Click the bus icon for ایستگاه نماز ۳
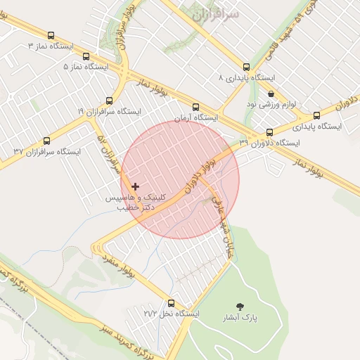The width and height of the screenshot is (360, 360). click(50, 35)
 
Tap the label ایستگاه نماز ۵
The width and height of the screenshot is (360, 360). click(86, 67)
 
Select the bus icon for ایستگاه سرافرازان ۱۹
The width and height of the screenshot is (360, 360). click(109, 101)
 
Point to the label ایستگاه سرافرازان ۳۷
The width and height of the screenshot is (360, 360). click(47, 151)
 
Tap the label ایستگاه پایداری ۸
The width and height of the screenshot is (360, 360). click(246, 77)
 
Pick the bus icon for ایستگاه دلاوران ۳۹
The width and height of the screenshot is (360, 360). click(269, 132)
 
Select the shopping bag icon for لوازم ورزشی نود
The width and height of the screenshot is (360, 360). click(271, 94)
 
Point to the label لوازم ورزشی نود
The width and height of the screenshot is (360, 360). click(271, 104)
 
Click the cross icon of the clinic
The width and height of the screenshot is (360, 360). click(135, 186)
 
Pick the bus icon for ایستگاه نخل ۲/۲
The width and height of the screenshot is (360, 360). click(176, 303)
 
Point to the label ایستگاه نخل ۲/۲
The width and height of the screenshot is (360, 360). click(172, 314)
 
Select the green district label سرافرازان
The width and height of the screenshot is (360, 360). click(214, 14)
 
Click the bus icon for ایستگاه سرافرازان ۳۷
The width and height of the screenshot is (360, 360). click(47, 141)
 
